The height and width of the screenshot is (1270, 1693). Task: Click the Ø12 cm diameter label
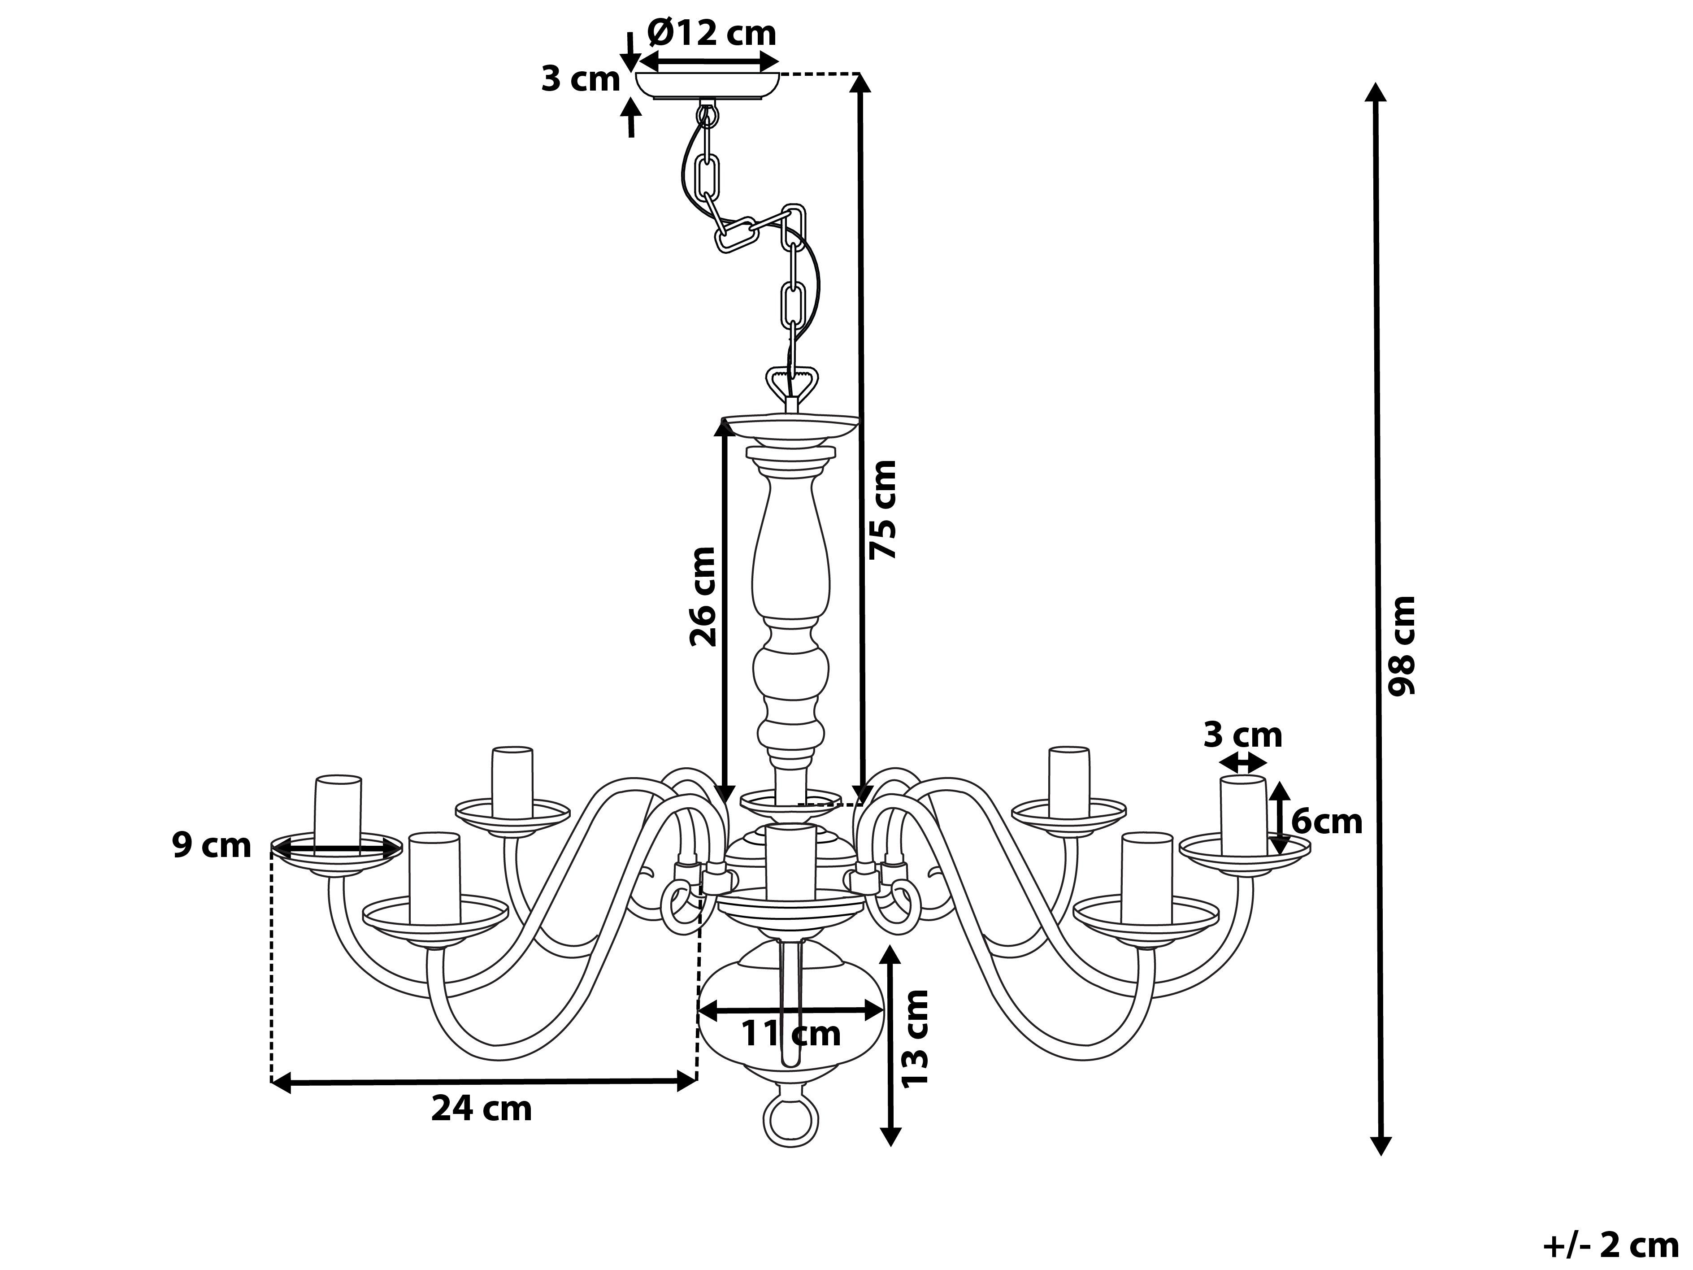(711, 34)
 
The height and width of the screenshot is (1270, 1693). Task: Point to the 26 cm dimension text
(702, 597)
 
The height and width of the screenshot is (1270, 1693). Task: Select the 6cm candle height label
(1326, 822)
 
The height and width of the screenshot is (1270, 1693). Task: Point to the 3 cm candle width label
(1242, 735)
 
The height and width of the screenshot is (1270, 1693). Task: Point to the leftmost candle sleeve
(338, 814)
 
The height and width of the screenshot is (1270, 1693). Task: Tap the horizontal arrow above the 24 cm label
(484, 1082)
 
